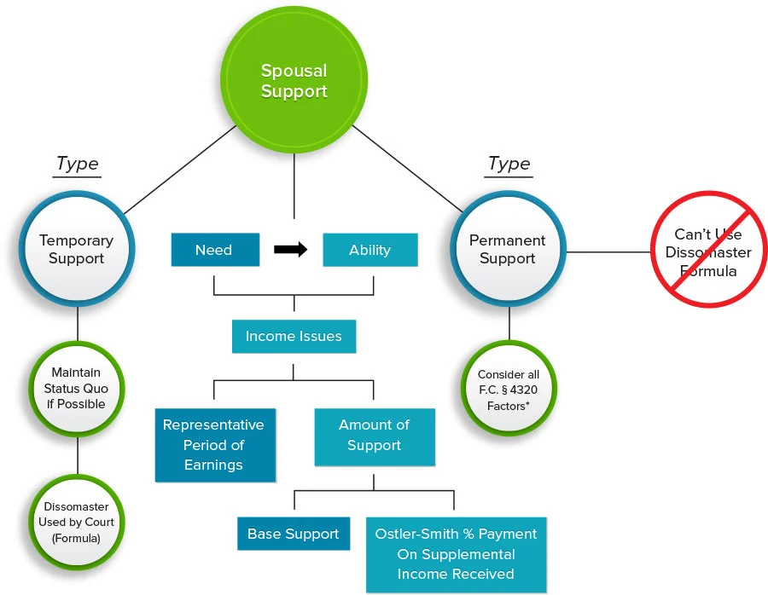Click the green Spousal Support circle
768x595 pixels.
[294, 82]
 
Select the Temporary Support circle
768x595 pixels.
[77, 250]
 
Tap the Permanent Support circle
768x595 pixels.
[508, 250]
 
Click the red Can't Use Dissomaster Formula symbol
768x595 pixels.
[708, 253]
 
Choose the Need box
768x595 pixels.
[214, 250]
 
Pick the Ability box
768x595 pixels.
[369, 250]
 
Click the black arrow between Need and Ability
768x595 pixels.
[290, 250]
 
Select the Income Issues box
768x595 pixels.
[294, 336]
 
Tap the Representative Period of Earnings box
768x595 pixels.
[214, 445]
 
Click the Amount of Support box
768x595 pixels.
[374, 436]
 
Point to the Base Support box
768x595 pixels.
[294, 534]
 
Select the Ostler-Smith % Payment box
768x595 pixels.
[456, 554]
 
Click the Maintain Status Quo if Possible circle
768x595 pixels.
[77, 389]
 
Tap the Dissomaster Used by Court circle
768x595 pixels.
[77, 522]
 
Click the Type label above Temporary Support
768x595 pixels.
[77, 164]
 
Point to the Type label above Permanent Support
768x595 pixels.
[509, 164]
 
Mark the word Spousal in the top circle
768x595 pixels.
[294, 72]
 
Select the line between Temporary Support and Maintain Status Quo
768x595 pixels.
[78, 325]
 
